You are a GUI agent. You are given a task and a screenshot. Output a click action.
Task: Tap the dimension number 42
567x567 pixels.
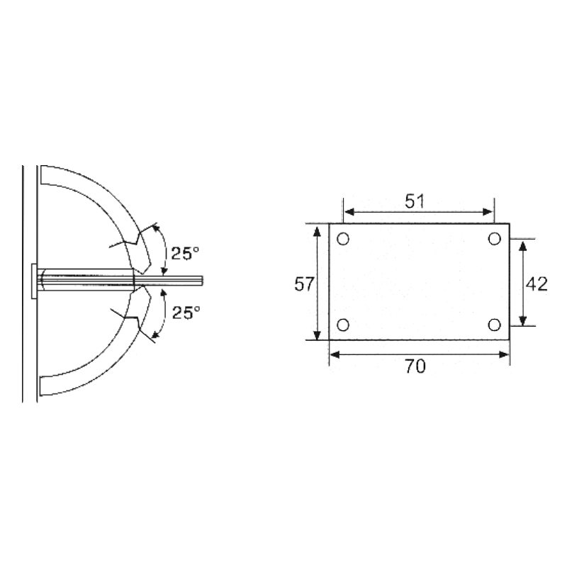click(x=537, y=284)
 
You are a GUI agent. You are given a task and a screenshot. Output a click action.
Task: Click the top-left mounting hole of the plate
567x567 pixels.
click(x=343, y=239)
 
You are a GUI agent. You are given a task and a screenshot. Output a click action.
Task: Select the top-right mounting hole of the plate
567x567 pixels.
click(x=495, y=239)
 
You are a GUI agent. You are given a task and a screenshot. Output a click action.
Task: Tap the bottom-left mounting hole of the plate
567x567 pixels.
click(x=343, y=325)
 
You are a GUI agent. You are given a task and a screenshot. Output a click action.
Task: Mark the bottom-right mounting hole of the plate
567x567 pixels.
click(x=495, y=325)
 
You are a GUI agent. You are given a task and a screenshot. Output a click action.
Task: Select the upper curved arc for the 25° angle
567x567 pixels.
click(x=164, y=249)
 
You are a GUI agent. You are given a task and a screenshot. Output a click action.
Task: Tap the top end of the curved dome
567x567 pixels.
click(x=43, y=174)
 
